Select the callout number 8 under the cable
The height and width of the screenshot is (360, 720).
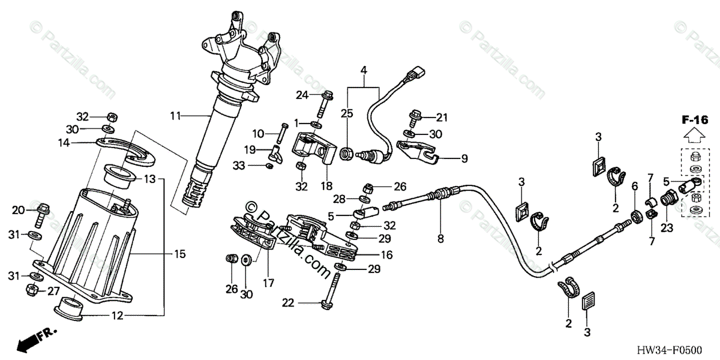click(441, 239)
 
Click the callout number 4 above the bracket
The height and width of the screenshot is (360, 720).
click(363, 71)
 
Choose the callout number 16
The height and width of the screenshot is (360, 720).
click(387, 254)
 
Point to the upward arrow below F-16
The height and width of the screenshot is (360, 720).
click(695, 136)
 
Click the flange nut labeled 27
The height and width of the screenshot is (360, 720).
click(34, 290)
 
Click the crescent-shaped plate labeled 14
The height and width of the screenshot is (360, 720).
click(125, 148)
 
